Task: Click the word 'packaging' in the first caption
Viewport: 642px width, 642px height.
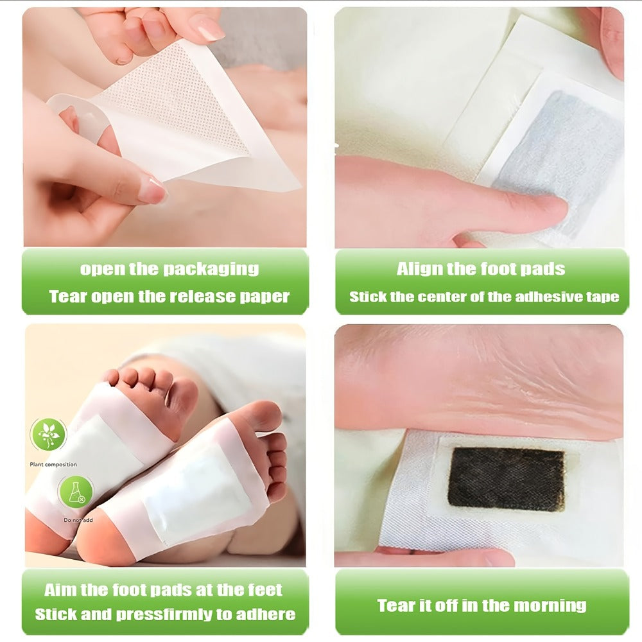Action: coord(211,270)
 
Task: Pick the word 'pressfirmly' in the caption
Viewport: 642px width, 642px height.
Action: coord(163,614)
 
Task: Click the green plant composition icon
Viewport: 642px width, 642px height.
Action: coord(48,435)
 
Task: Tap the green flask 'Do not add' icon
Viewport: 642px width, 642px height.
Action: coord(76,492)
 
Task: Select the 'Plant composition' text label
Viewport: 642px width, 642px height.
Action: coord(53,465)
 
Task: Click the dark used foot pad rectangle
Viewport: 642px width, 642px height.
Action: coord(506,479)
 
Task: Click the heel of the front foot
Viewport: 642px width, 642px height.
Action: coord(98,544)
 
